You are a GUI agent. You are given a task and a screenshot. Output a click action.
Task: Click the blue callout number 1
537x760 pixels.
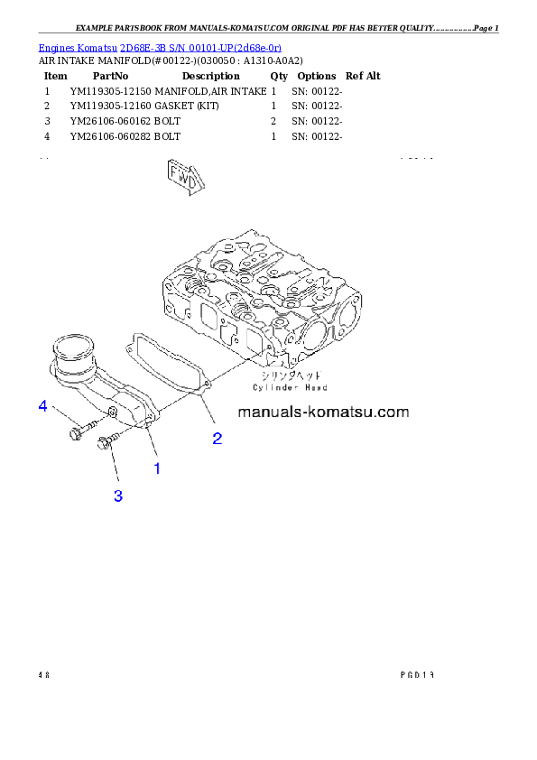click(x=157, y=468)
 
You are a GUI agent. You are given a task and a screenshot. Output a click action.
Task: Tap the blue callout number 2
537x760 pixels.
click(x=218, y=439)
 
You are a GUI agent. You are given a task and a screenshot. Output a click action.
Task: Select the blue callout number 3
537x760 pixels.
click(x=118, y=495)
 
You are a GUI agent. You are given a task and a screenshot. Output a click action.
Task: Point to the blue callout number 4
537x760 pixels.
click(x=42, y=406)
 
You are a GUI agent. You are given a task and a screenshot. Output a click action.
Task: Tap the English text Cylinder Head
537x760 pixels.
click(x=290, y=387)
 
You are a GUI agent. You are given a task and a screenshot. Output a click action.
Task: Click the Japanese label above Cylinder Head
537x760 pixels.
click(x=289, y=375)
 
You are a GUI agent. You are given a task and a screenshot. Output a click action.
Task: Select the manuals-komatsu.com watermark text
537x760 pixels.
click(x=324, y=412)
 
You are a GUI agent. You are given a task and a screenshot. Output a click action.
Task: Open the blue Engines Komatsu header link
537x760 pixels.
click(x=160, y=47)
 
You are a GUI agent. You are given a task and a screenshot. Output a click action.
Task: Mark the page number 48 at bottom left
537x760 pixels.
click(x=43, y=674)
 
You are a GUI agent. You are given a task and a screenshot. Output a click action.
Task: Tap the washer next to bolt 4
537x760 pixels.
click(x=110, y=412)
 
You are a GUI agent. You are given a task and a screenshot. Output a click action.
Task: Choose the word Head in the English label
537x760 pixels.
click(x=313, y=387)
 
